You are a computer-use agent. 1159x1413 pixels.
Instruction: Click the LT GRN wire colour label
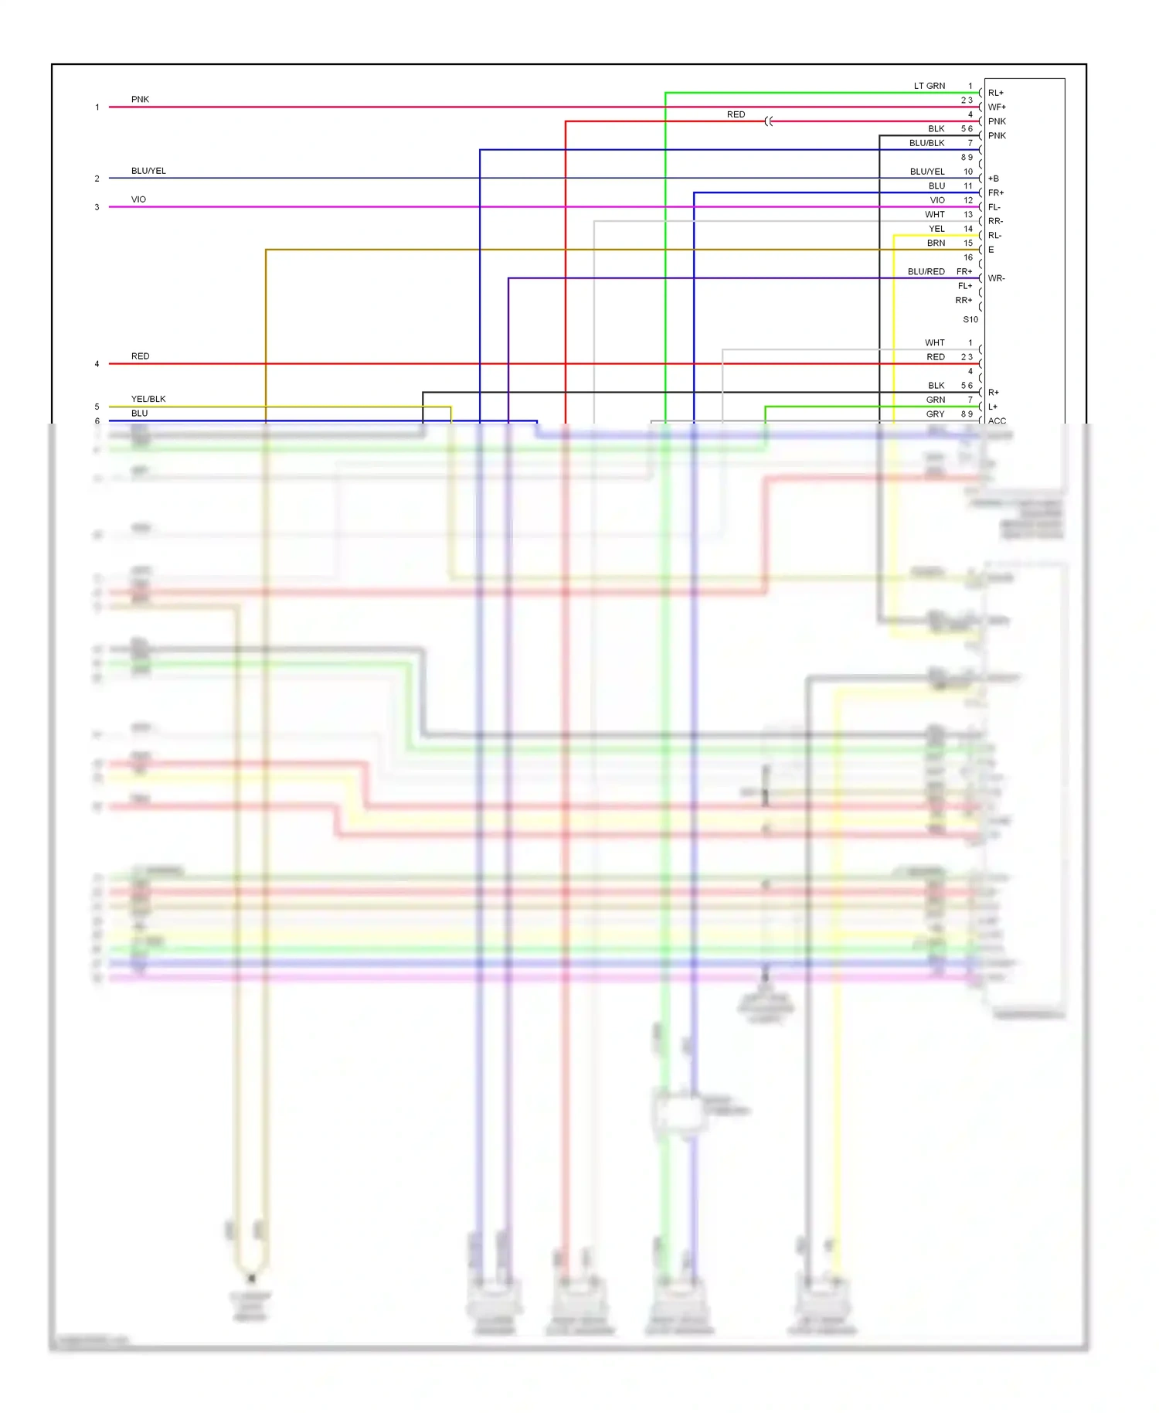pos(929,86)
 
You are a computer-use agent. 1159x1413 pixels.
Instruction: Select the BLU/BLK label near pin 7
pos(926,143)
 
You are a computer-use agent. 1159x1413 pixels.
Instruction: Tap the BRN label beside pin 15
pos(936,243)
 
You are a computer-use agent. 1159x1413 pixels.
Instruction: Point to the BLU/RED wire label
pos(926,271)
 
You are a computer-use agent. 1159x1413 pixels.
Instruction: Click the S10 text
pos(970,319)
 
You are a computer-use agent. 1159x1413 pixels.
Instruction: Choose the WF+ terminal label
pos(997,107)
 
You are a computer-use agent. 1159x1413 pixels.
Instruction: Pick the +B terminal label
pos(994,179)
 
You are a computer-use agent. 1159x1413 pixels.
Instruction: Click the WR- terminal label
pos(996,278)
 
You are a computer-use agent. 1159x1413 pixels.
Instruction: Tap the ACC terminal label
pos(997,421)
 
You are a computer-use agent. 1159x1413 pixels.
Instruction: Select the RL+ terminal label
pos(995,93)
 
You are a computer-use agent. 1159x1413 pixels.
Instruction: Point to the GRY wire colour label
pos(935,414)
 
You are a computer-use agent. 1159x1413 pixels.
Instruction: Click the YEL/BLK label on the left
pos(148,399)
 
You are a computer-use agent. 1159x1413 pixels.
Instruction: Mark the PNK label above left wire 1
pos(140,99)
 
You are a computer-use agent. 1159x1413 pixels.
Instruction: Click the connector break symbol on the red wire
pos(769,121)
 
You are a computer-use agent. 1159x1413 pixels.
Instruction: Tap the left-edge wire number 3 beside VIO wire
pos(97,207)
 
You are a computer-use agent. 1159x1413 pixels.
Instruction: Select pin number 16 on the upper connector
pos(967,257)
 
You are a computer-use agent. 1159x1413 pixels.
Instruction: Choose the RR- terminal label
pos(995,221)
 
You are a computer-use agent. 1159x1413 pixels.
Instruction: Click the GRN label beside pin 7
pos(935,400)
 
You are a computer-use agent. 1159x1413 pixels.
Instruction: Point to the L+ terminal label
pos(993,407)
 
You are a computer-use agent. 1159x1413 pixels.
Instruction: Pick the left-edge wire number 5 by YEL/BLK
pos(97,407)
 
